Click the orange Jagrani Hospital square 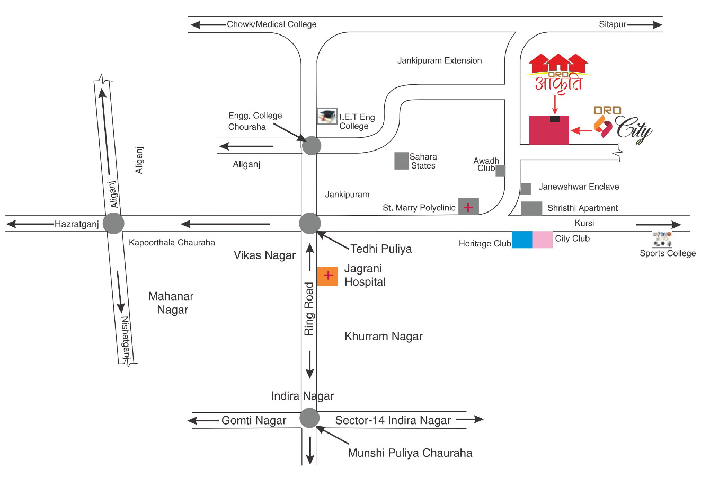click(327, 276)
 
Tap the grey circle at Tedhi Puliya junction click(310, 224)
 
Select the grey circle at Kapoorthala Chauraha click(113, 224)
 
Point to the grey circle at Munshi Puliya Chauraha click(309, 418)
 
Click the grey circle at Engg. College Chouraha click(312, 146)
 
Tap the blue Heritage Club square click(522, 240)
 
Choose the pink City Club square click(543, 240)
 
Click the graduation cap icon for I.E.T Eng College click(327, 116)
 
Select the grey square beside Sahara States click(401, 161)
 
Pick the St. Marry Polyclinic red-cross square click(468, 206)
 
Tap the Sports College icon click(662, 239)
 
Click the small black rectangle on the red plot click(555, 119)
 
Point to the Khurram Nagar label click(384, 337)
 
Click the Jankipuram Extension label click(439, 60)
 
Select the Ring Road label click(309, 309)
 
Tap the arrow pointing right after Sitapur click(645, 25)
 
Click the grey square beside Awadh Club click(500, 171)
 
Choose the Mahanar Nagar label click(171, 303)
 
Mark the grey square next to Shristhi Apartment click(531, 208)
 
